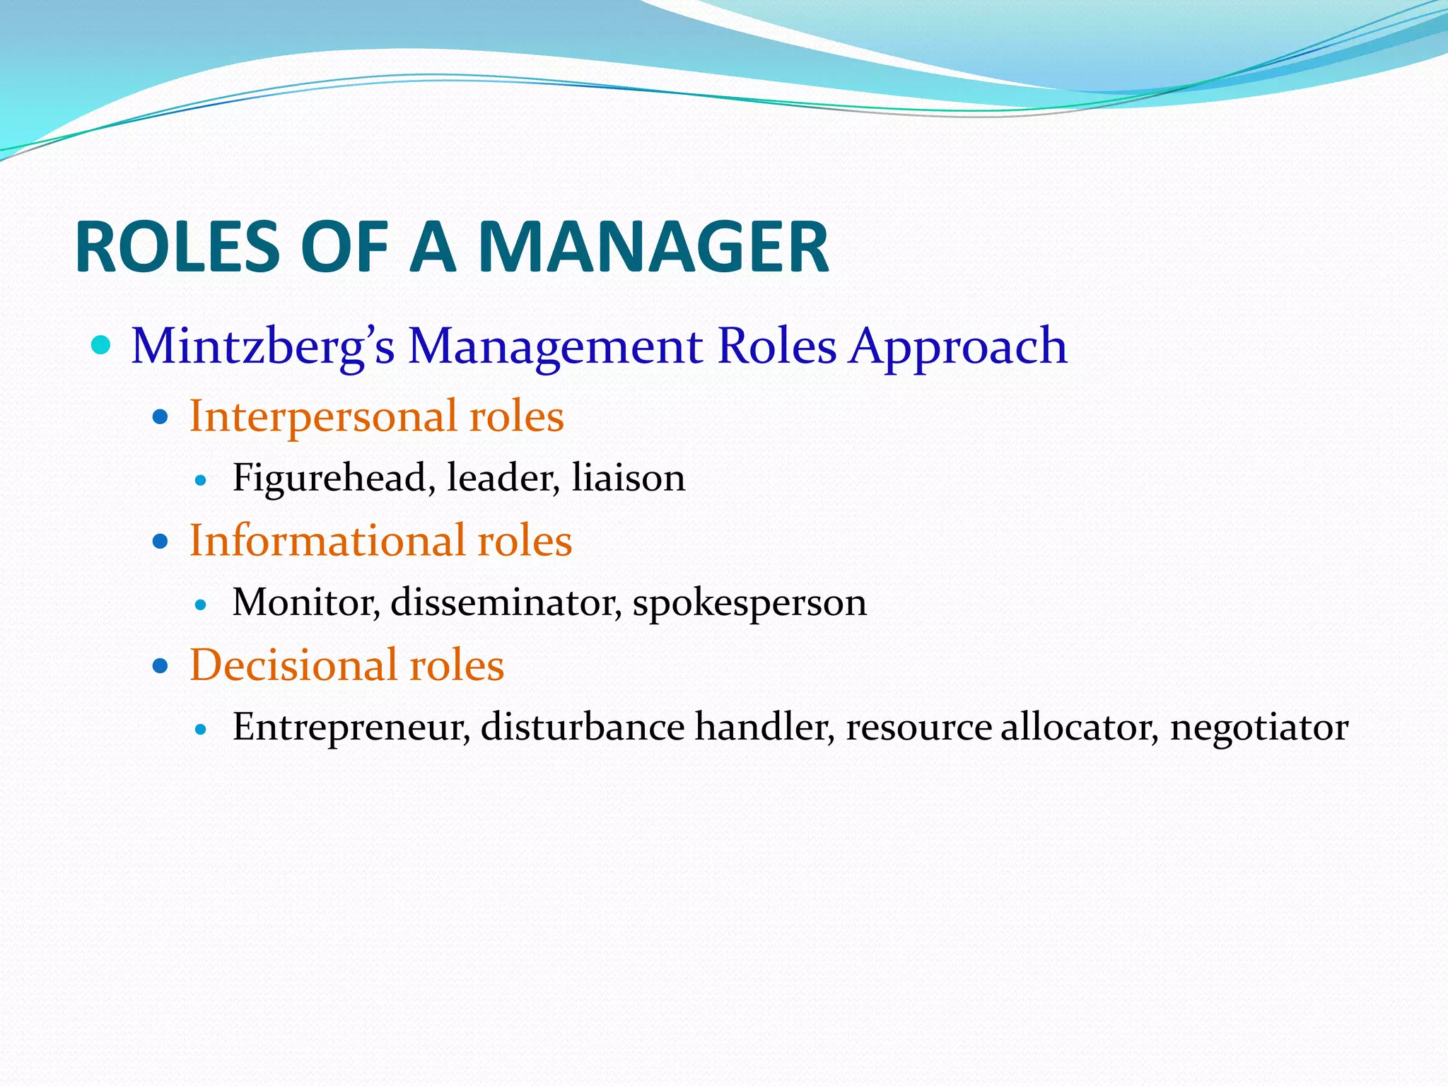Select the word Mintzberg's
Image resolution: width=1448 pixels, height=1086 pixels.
[x=262, y=347]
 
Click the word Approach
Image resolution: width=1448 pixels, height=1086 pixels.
[x=958, y=347]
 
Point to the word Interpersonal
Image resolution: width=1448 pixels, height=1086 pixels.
[x=322, y=416]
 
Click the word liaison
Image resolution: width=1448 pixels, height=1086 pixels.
[x=629, y=478]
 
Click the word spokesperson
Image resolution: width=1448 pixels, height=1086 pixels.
[x=749, y=602]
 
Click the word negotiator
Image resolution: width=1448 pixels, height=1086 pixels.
[x=1259, y=727]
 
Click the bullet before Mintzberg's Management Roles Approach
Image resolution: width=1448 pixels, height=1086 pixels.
[x=102, y=346]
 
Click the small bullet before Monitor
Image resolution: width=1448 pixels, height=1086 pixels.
[x=201, y=605]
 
